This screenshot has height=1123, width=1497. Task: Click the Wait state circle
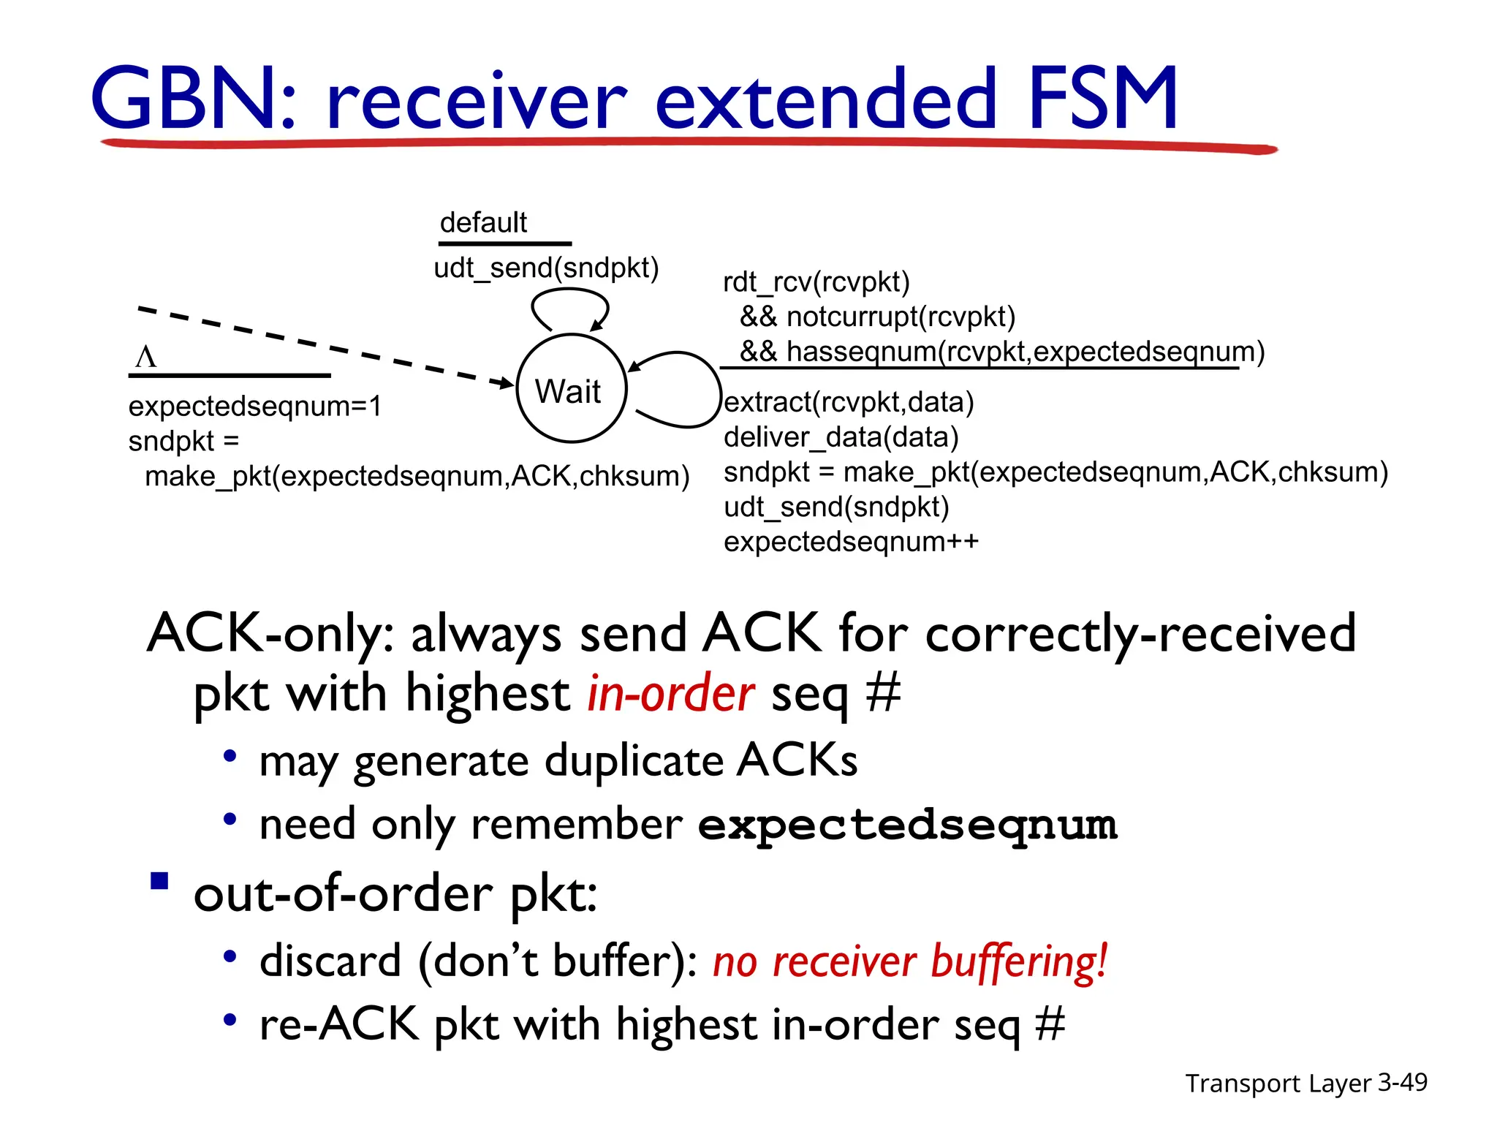pos(571,389)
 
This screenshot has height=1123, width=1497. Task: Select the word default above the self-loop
pos(483,222)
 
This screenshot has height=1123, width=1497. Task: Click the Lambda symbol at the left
pos(145,358)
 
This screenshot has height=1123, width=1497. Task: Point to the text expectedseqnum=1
pos(255,407)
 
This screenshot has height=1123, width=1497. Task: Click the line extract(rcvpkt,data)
pos(849,402)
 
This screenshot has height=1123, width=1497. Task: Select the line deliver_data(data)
pos(841,437)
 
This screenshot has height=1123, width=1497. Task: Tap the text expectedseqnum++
pos(851,542)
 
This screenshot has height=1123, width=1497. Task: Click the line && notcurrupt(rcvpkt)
pos(877,317)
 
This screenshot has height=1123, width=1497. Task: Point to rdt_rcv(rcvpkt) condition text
pos(816,282)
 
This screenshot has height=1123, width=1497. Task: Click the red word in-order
pos(670,693)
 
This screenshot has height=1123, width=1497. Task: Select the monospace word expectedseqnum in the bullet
pos(907,825)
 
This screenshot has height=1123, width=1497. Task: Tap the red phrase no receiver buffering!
pos(910,961)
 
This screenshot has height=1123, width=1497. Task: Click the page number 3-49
pos(1402,1082)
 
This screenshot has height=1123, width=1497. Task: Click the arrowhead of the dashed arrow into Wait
pos(506,382)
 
